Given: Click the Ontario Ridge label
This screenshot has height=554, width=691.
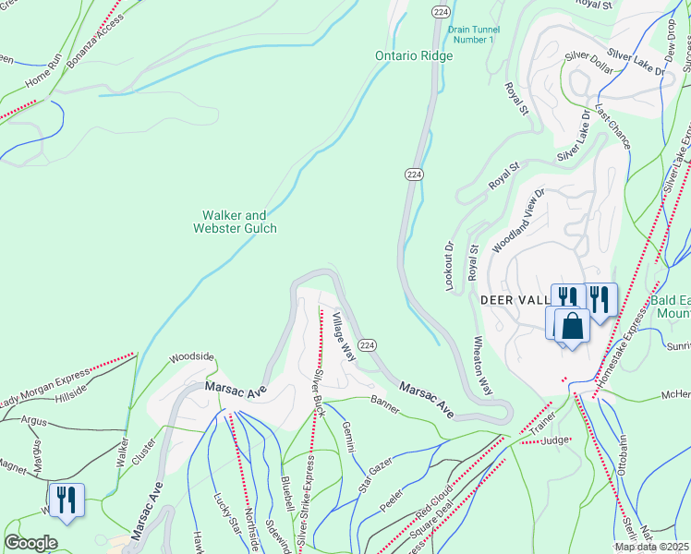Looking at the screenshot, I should [414, 56].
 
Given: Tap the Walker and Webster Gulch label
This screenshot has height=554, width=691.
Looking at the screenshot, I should [235, 222].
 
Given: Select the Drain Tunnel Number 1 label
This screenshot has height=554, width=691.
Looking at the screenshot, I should [472, 34].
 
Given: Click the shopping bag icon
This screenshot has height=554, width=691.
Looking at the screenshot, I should [573, 327].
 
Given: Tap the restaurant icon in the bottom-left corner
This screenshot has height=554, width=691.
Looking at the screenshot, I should [66, 500].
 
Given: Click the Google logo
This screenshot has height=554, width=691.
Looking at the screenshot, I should [30, 543].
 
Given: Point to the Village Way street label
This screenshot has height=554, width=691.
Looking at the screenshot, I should [344, 337].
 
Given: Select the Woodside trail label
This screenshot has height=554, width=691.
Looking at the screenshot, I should [191, 356].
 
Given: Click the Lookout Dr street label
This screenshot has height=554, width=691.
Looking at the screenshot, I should [451, 268].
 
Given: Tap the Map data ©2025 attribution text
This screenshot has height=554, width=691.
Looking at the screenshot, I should [651, 547].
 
